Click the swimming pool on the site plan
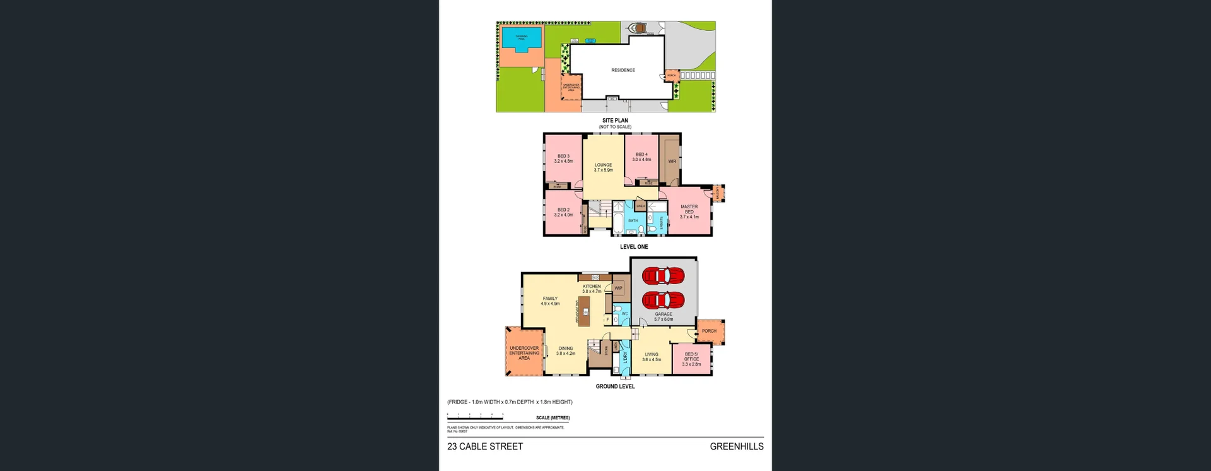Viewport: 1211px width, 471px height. pyautogui.click(x=522, y=37)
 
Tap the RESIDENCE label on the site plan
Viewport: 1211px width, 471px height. pyautogui.click(x=623, y=70)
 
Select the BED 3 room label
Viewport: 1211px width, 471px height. pyautogui.click(x=563, y=158)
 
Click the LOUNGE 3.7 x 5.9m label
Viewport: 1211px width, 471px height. pyautogui.click(x=603, y=167)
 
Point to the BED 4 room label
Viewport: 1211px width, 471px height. pyautogui.click(x=641, y=157)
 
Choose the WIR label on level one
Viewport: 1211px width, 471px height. pyautogui.click(x=672, y=161)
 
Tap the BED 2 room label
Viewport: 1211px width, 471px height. pyautogui.click(x=563, y=212)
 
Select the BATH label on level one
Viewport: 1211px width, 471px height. pyautogui.click(x=633, y=220)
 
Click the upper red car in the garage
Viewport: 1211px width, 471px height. pyautogui.click(x=663, y=276)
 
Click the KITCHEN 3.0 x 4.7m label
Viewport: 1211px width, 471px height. pyautogui.click(x=592, y=289)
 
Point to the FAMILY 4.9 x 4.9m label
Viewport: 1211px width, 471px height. pyautogui.click(x=550, y=301)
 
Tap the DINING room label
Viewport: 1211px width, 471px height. pyautogui.click(x=565, y=350)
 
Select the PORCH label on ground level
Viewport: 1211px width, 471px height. pyautogui.click(x=709, y=331)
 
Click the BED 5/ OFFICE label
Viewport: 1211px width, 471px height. pyautogui.click(x=691, y=359)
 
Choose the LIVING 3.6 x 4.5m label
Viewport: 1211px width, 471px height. pyautogui.click(x=652, y=357)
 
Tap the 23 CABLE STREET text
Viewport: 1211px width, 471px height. pyautogui.click(x=485, y=446)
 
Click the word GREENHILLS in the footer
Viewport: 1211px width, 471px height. pyautogui.click(x=736, y=446)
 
